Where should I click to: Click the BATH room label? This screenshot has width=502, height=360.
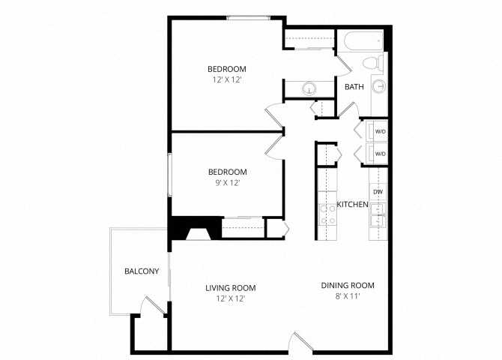(354, 87)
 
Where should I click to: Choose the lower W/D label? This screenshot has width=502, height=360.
(379, 154)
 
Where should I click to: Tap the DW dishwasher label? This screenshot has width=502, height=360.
(378, 193)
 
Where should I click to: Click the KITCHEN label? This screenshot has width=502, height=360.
(351, 205)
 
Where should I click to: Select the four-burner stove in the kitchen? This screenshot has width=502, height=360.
(327, 215)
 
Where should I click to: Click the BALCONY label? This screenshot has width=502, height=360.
(141, 271)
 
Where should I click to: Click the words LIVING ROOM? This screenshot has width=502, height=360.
(231, 287)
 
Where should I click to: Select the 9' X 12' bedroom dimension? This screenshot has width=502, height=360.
(227, 182)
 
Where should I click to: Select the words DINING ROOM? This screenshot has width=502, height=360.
(347, 285)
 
